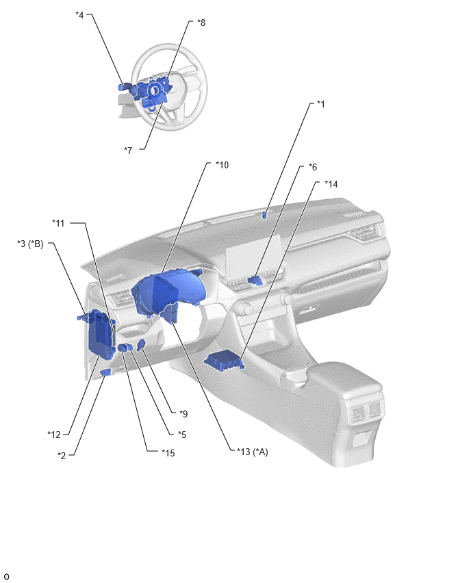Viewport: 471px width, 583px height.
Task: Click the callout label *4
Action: click(79, 15)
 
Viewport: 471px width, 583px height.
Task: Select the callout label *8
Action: click(201, 23)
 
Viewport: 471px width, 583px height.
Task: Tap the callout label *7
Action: click(128, 151)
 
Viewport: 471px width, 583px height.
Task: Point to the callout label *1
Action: click(320, 104)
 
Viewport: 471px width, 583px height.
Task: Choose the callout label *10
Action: click(222, 165)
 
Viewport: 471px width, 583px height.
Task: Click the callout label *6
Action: click(313, 167)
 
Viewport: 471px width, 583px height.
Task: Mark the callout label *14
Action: click(331, 184)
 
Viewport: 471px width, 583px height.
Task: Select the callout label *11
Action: click(58, 223)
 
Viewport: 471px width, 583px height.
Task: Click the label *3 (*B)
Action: click(31, 244)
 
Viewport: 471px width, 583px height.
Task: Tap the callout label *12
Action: click(54, 435)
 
